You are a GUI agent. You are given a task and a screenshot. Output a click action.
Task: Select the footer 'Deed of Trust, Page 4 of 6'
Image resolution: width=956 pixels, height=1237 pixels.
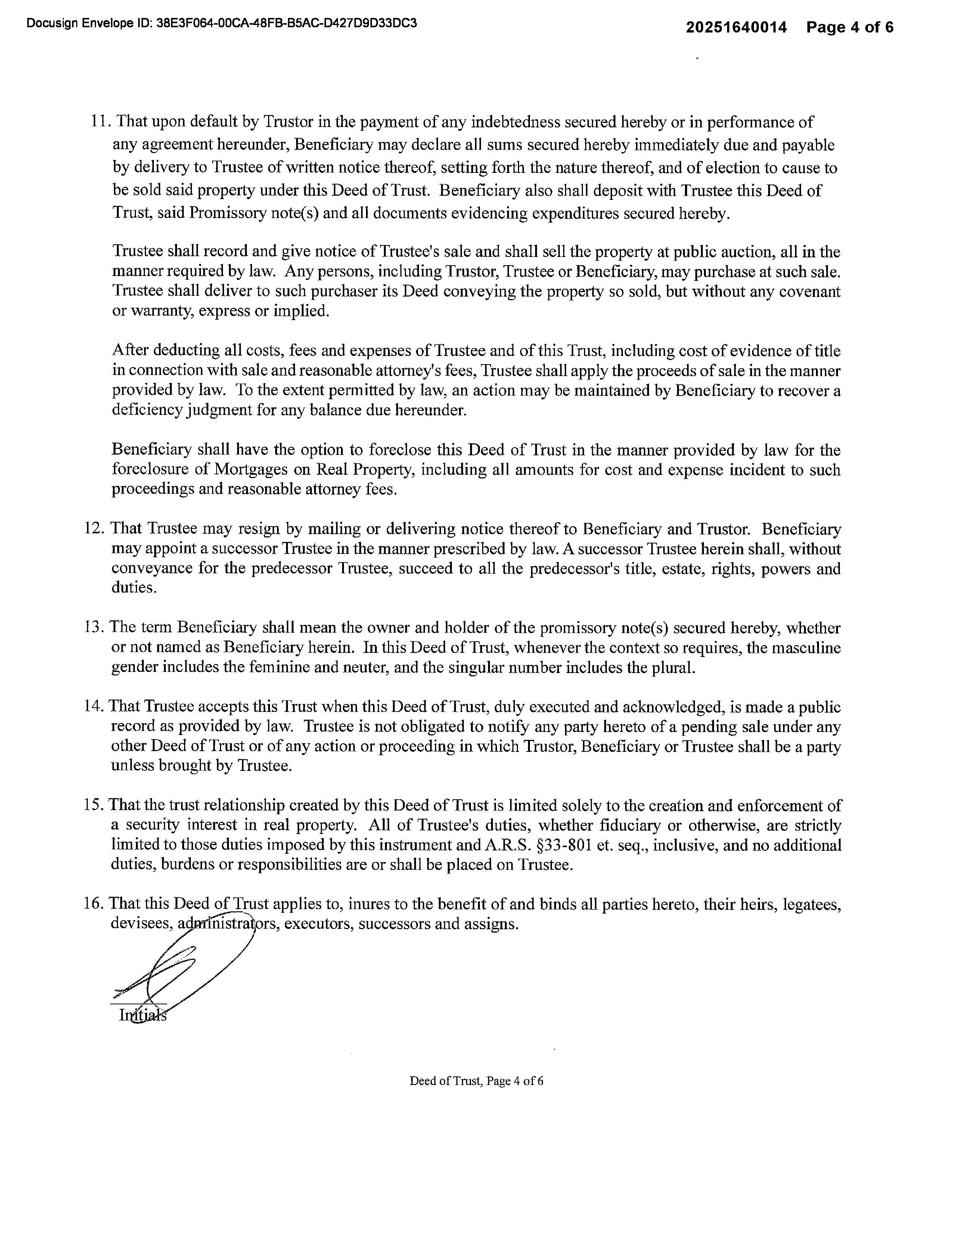click(x=476, y=1081)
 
